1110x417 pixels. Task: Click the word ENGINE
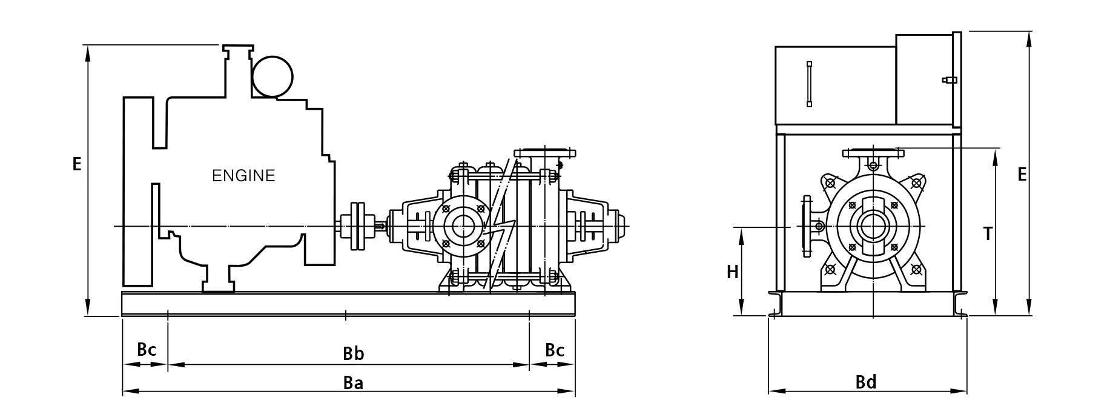tap(243, 176)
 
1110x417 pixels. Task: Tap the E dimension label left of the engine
tap(77, 164)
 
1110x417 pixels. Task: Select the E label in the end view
tap(1022, 175)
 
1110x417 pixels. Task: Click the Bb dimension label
tap(354, 354)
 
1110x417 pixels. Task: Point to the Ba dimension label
tap(353, 383)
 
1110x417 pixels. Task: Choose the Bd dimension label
tap(866, 382)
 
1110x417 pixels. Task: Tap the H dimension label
tap(733, 272)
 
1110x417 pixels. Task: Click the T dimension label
tap(988, 233)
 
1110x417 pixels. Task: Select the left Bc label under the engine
tap(147, 350)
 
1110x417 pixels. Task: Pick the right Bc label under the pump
tap(555, 350)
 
